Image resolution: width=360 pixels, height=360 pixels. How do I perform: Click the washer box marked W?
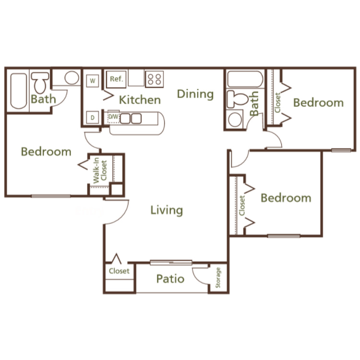(x=92, y=81)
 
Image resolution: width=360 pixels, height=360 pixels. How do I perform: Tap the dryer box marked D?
(x=92, y=118)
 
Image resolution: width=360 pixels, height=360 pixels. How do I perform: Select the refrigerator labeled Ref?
(x=117, y=79)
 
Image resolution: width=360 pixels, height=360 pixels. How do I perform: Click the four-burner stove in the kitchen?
(x=154, y=79)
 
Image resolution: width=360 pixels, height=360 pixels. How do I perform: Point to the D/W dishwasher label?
(x=113, y=117)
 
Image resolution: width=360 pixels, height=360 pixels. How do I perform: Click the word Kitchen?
(x=140, y=100)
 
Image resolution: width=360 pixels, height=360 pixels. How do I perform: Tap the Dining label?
(x=195, y=95)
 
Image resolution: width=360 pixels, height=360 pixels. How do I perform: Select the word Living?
(x=167, y=211)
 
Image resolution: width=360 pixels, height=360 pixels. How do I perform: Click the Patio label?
(x=170, y=279)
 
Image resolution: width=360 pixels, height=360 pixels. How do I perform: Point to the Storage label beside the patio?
(x=218, y=277)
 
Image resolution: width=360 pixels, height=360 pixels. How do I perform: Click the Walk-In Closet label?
(x=100, y=170)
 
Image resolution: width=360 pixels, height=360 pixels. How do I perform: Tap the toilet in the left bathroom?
(x=40, y=83)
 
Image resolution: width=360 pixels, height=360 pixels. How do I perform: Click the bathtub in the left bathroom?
(x=19, y=91)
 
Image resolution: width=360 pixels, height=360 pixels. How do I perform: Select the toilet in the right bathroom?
(x=237, y=99)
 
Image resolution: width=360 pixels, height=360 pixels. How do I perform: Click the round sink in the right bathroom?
(x=235, y=120)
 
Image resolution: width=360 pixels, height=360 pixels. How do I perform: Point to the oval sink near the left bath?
(x=72, y=78)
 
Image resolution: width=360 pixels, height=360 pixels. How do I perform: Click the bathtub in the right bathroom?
(x=245, y=79)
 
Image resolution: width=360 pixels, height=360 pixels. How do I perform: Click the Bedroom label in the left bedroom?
(x=46, y=152)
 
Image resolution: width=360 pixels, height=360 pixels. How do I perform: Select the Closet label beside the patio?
(x=119, y=271)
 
